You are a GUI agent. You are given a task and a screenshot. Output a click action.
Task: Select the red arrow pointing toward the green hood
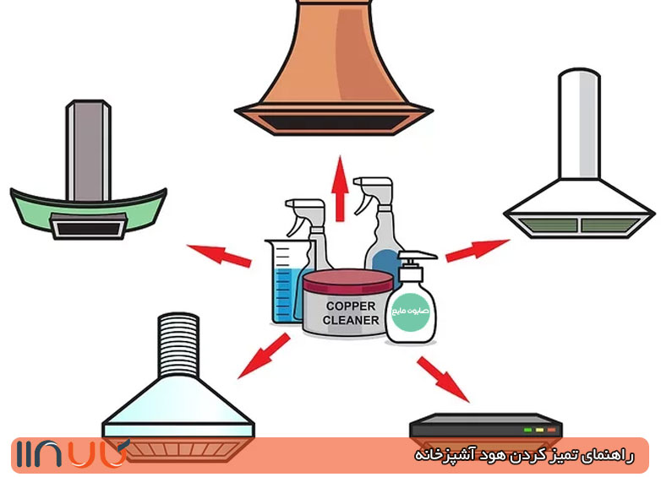[x=218, y=255]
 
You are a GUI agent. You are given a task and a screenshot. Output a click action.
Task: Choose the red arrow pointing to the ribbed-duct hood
[x=262, y=355]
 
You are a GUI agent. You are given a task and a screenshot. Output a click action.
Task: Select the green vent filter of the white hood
[x=579, y=224]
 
